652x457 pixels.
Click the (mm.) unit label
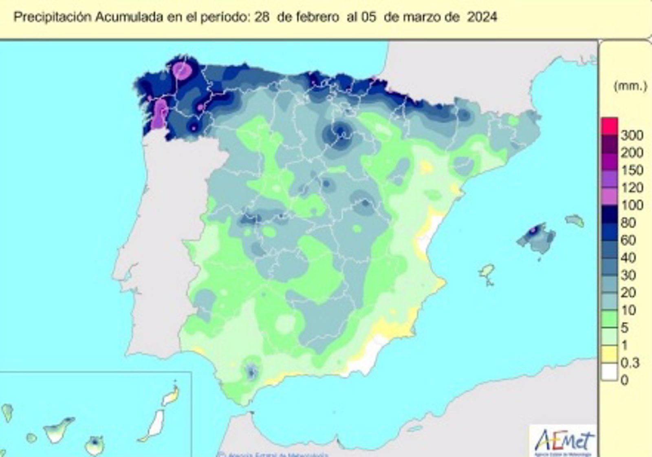630,86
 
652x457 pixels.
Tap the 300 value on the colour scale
631,135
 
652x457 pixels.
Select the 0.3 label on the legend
630,362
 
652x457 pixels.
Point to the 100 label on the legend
631,205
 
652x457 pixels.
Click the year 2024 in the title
482,17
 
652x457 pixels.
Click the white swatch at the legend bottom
610,372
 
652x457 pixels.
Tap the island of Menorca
575,221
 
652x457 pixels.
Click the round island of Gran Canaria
95,445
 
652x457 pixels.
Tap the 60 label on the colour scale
628,240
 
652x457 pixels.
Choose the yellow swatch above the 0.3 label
610,354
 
